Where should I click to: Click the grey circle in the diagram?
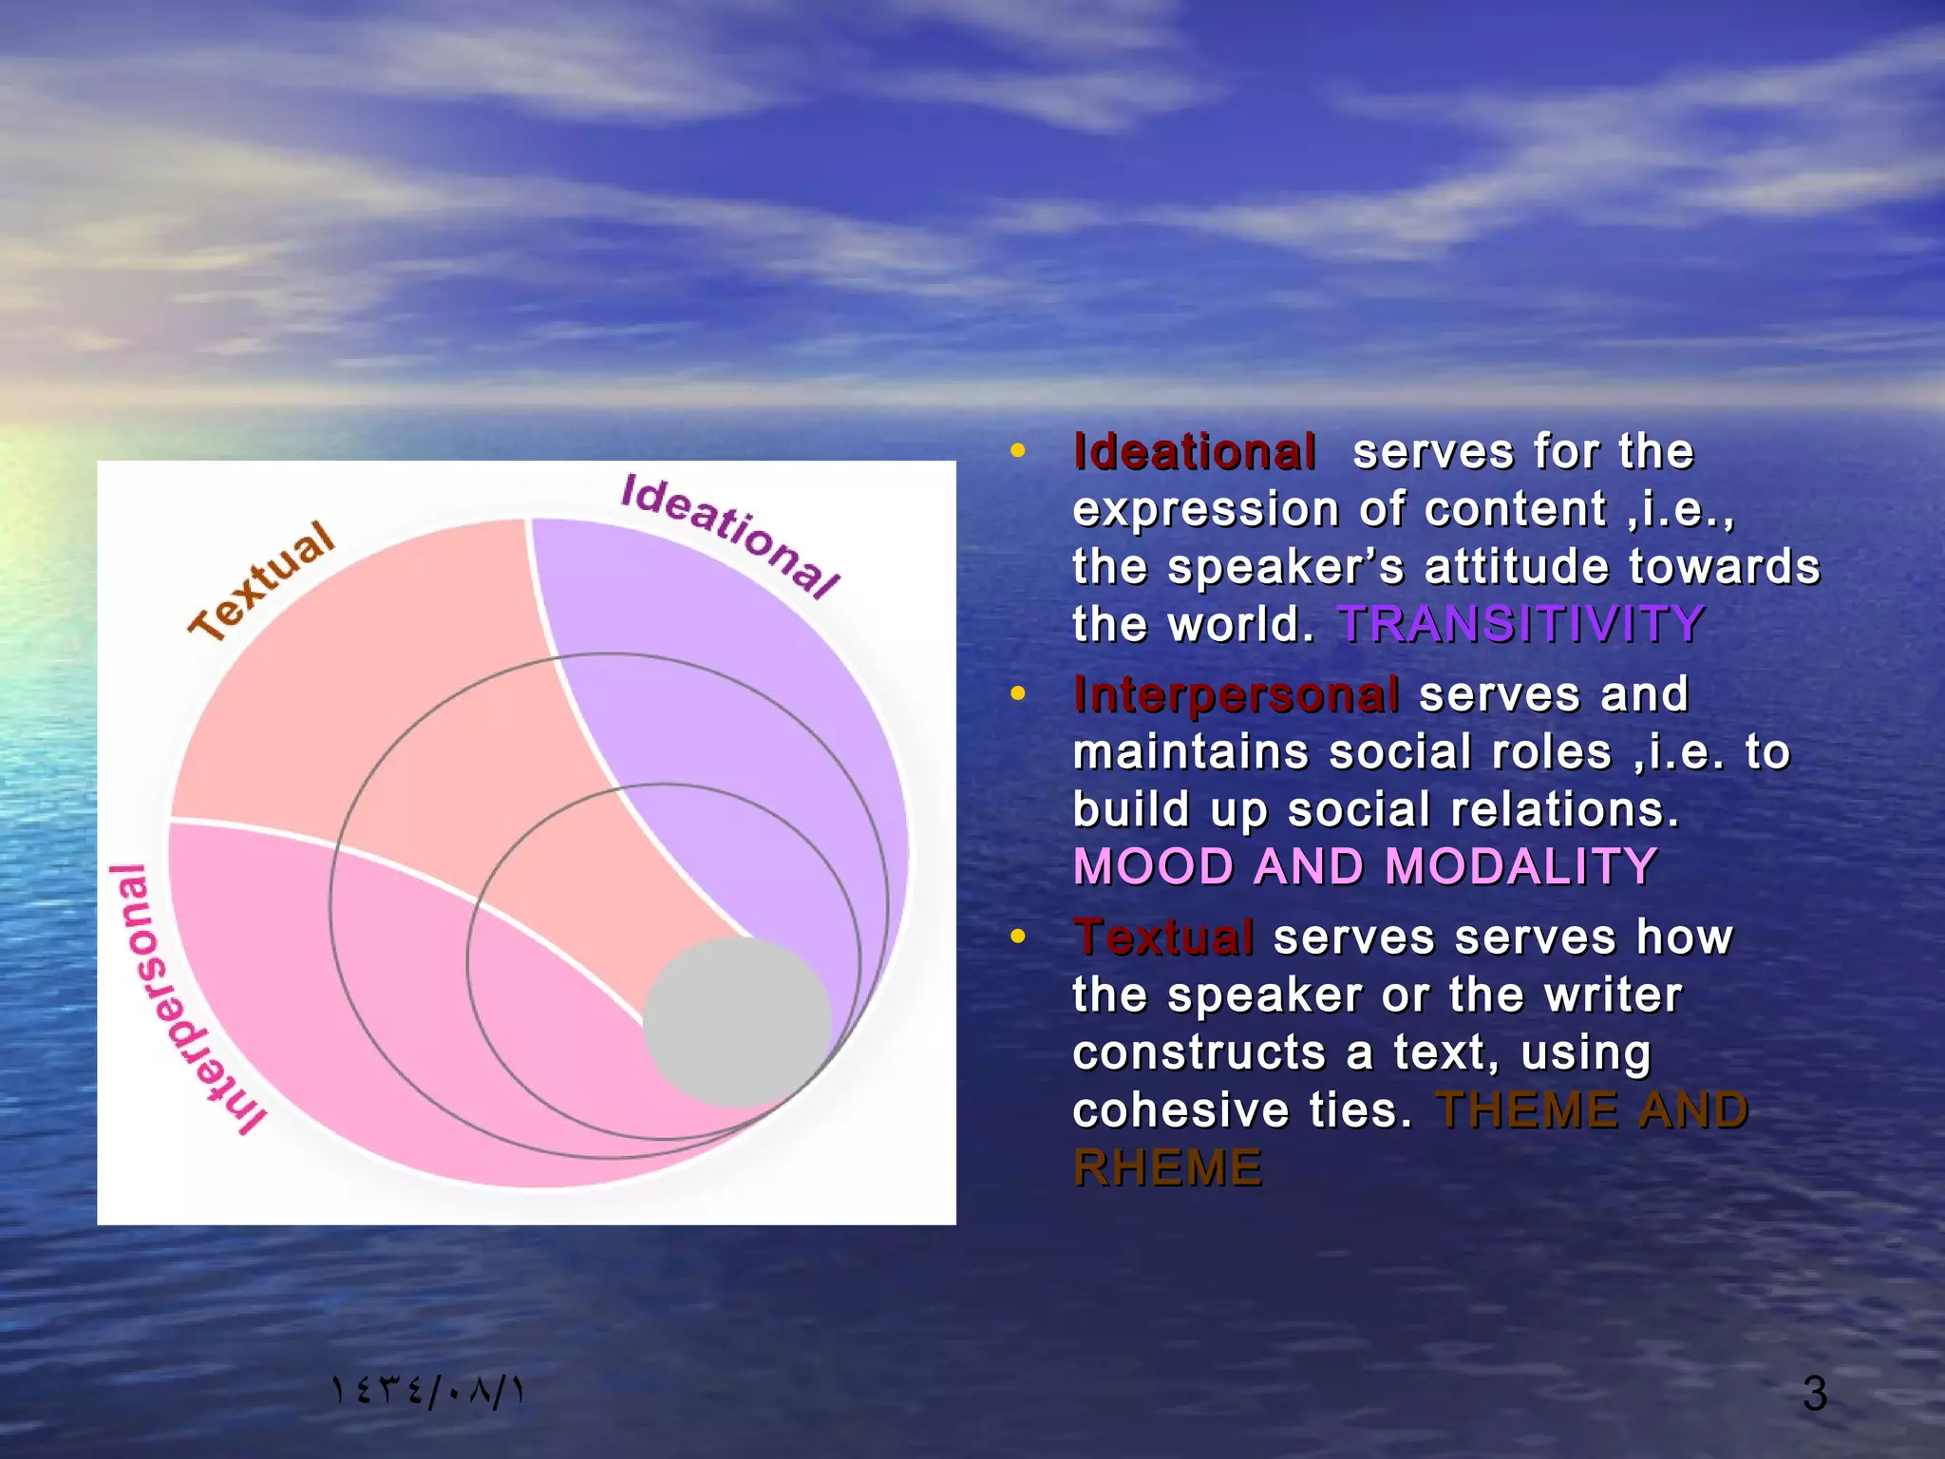click(738, 1022)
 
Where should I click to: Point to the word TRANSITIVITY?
click(1520, 624)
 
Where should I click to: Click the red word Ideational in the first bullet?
click(1194, 451)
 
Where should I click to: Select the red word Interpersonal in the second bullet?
click(1236, 694)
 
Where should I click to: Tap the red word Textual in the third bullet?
click(1163, 938)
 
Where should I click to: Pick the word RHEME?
click(1167, 1167)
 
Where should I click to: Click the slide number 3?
click(1814, 1393)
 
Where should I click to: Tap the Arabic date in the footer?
click(427, 1392)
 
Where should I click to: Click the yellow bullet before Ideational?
click(1017, 451)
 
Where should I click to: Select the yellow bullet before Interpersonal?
click(1017, 694)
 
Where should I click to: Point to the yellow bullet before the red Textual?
click(1017, 938)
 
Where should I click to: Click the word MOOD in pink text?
click(1152, 866)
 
